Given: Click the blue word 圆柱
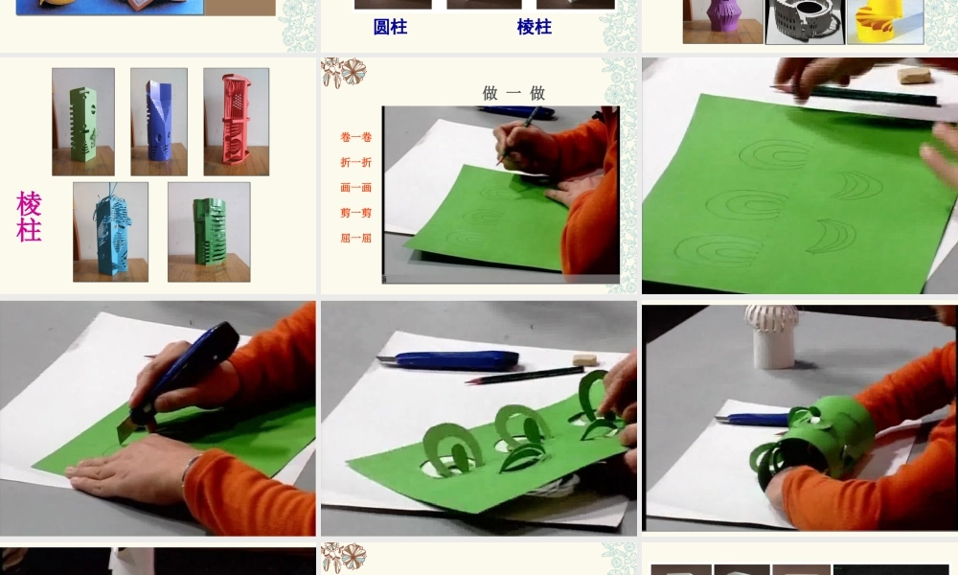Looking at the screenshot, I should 390,27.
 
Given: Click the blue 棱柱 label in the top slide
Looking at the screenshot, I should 534,27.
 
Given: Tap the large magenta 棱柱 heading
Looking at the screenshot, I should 29,217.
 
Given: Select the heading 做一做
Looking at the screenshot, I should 513,93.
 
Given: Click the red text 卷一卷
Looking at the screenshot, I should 355,137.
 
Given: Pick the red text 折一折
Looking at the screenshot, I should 355,162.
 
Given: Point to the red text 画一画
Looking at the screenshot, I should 355,188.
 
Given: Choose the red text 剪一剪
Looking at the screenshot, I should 355,213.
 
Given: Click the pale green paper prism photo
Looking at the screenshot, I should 83,122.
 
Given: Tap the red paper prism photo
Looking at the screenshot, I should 236,122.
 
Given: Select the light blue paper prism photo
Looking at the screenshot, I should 110,232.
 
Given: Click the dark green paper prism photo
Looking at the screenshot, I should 209,232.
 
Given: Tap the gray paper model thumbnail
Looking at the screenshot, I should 804,21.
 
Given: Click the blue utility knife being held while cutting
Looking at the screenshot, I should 187,369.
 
